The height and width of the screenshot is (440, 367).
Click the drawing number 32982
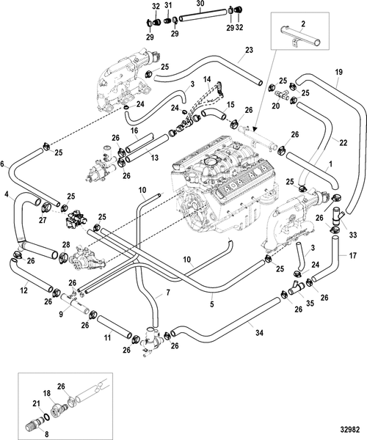click(x=349, y=430)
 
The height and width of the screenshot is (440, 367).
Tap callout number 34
click(x=259, y=333)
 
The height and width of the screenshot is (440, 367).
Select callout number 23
click(x=249, y=50)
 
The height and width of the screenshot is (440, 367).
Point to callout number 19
click(x=338, y=72)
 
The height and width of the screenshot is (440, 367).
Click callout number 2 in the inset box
click(x=303, y=24)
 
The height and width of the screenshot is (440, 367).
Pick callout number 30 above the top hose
click(x=200, y=4)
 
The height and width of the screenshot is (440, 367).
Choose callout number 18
click(x=47, y=393)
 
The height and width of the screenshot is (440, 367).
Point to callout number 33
click(x=352, y=235)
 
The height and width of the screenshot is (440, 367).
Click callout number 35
click(x=310, y=304)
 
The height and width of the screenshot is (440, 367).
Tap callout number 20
click(x=276, y=106)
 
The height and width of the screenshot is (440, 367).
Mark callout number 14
click(x=207, y=79)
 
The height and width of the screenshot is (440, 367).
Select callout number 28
click(x=66, y=244)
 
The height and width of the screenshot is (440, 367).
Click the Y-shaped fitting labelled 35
click(x=297, y=287)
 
